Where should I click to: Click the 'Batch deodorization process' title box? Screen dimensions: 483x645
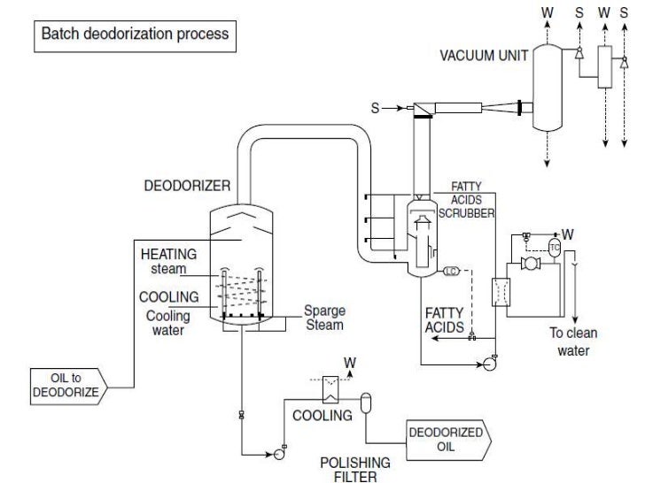[133, 34]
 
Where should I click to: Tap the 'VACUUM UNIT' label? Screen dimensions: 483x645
[484, 56]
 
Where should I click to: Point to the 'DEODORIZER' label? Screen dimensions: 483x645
[187, 187]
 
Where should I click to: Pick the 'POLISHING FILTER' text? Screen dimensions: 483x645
[355, 470]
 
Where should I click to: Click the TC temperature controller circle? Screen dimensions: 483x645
[556, 248]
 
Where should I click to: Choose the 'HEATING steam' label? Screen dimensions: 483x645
[168, 261]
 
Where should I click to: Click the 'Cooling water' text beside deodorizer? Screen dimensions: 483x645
[167, 323]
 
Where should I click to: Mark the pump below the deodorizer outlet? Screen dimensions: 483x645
[276, 454]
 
